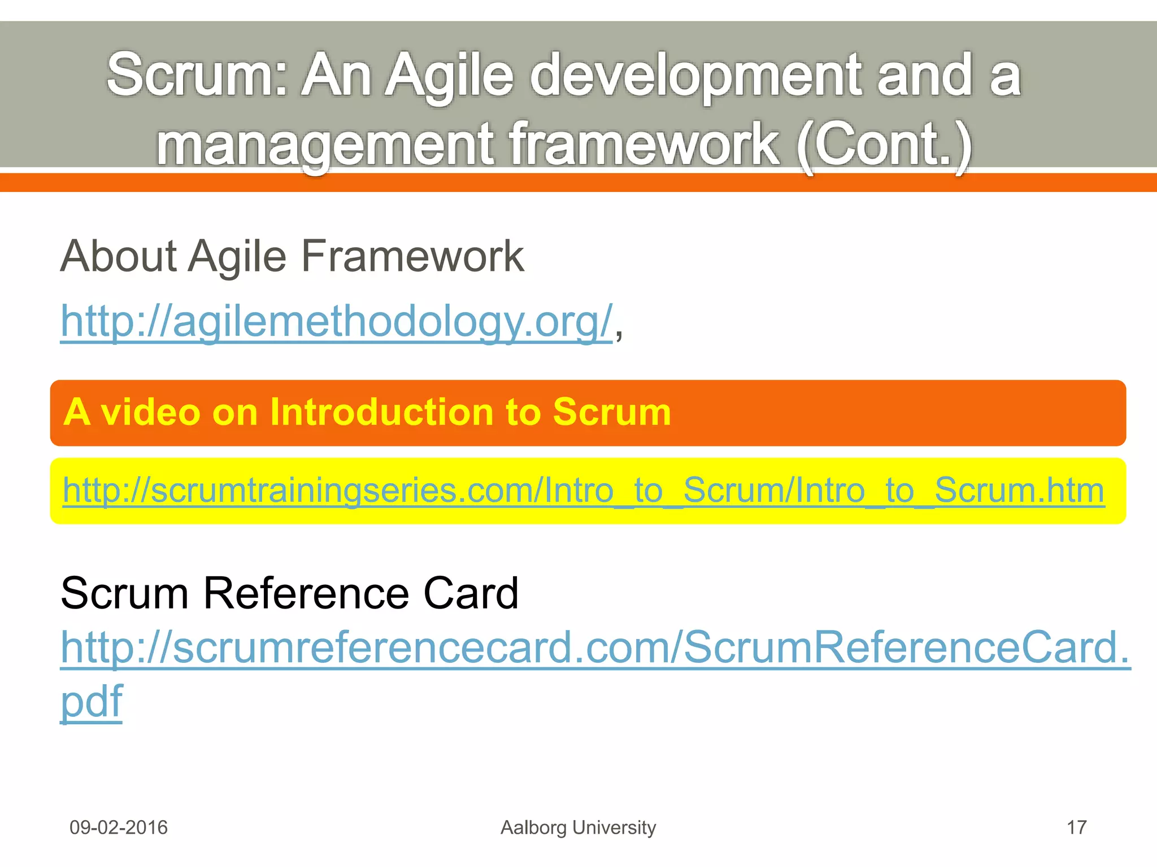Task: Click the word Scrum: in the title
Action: click(x=198, y=75)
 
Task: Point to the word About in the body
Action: click(x=119, y=256)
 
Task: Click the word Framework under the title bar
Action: click(x=412, y=256)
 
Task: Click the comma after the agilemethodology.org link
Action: click(x=619, y=333)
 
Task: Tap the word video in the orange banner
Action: click(x=150, y=412)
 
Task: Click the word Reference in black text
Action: click(x=306, y=593)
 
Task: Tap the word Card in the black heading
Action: click(x=470, y=593)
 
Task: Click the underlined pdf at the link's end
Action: click(x=92, y=701)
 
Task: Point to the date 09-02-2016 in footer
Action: click(x=119, y=827)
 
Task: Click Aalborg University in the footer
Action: click(x=578, y=827)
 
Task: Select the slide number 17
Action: click(x=1076, y=827)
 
